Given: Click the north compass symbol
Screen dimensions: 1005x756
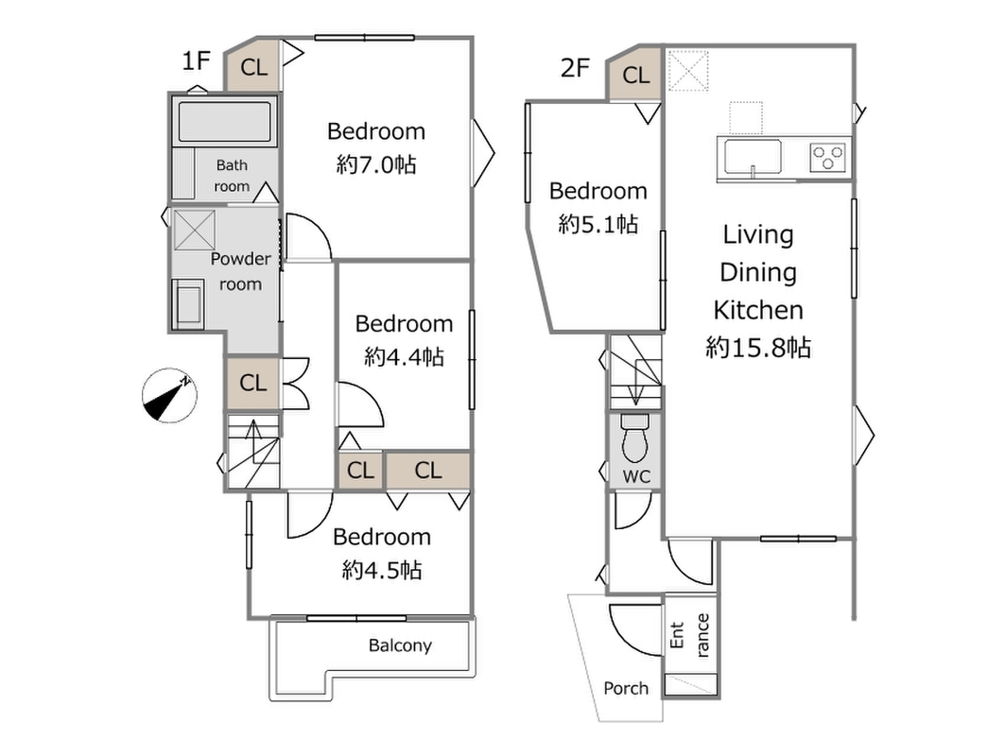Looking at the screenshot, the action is (x=169, y=395).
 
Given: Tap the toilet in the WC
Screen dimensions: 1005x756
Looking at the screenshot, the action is (x=635, y=438).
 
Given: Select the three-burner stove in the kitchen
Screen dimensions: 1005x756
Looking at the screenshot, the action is (x=828, y=157).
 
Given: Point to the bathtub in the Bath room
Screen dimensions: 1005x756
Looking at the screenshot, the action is (x=224, y=121).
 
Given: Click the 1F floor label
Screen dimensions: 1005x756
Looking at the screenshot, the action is (x=196, y=60).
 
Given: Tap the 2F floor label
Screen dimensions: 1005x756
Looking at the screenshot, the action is (x=575, y=67).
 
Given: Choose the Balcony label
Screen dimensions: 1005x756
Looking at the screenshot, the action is (x=400, y=645).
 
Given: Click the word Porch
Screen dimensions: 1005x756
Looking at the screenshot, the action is (x=626, y=688).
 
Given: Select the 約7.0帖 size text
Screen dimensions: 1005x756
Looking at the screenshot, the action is (x=376, y=164).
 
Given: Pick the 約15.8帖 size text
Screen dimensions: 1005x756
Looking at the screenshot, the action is (x=758, y=347).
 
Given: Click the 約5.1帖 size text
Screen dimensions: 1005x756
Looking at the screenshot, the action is (x=598, y=224).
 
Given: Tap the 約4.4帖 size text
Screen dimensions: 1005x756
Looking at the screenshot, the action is (x=404, y=356).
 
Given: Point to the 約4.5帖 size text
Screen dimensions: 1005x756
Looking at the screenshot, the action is (x=382, y=570).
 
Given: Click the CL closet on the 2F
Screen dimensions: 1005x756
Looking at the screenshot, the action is (x=635, y=75).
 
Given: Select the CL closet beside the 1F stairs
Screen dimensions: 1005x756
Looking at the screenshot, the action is (x=252, y=383).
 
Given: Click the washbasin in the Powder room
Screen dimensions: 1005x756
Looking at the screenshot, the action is (x=188, y=303).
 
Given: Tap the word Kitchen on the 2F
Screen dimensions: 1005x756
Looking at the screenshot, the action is (x=758, y=310).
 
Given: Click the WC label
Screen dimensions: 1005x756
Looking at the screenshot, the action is (x=636, y=476).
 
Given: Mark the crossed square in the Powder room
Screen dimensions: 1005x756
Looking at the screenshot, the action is (x=194, y=230).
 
